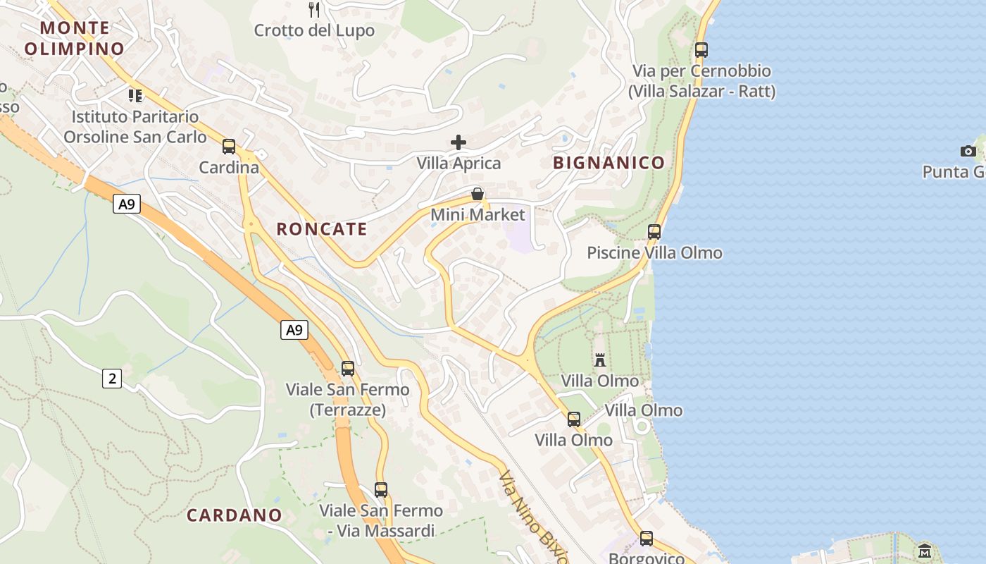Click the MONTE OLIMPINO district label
pyautogui.click(x=75, y=38)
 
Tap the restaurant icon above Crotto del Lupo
pyautogui.click(x=314, y=10)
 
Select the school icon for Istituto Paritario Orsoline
pyautogui.click(x=135, y=95)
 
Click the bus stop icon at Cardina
pyautogui.click(x=229, y=147)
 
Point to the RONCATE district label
pyautogui.click(x=322, y=229)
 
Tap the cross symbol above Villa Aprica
pyautogui.click(x=458, y=142)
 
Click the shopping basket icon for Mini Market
pyautogui.click(x=478, y=194)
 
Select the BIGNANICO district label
pyautogui.click(x=609, y=163)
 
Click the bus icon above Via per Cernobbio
pyautogui.click(x=701, y=50)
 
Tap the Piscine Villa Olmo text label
pyautogui.click(x=654, y=253)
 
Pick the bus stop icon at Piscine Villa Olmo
pyautogui.click(x=654, y=231)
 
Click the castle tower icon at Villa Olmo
pyautogui.click(x=600, y=360)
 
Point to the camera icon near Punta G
pyautogui.click(x=968, y=151)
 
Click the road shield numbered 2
pyautogui.click(x=112, y=379)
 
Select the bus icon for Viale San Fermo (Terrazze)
pyautogui.click(x=348, y=368)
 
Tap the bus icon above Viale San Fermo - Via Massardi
pyautogui.click(x=381, y=489)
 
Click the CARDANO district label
pyautogui.click(x=235, y=515)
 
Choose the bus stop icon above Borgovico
pyautogui.click(x=647, y=539)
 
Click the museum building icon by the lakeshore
pyautogui.click(x=925, y=550)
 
